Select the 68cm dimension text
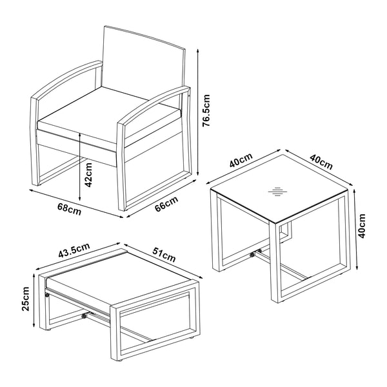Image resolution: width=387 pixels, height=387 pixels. [70, 209]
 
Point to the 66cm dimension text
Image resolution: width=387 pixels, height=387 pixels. [166, 204]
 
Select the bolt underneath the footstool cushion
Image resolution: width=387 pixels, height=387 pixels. [84, 317]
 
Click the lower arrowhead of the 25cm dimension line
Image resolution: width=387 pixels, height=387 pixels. [30, 329]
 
